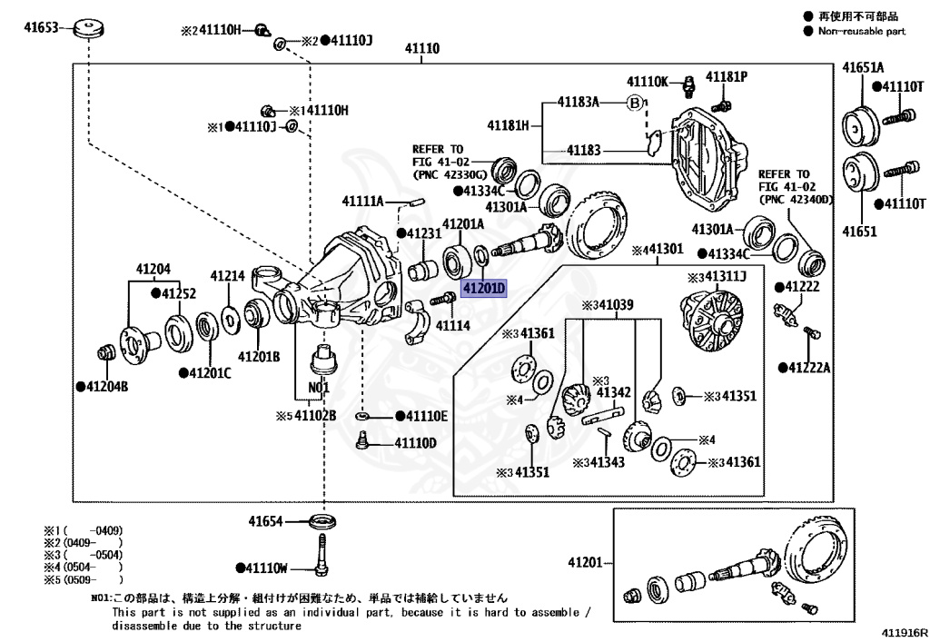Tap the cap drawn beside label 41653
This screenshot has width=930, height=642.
pyautogui.click(x=88, y=28)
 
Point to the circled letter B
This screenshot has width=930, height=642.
pyautogui.click(x=635, y=103)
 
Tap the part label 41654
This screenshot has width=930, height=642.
pyautogui.click(x=265, y=521)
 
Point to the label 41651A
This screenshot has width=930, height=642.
pyautogui.click(x=862, y=67)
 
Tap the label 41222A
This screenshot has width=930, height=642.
pyautogui.click(x=809, y=367)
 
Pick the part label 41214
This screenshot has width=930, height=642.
pyautogui.click(x=228, y=275)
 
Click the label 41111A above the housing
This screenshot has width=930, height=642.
pyautogui.click(x=362, y=201)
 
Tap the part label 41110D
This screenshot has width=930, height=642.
pyautogui.click(x=414, y=443)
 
